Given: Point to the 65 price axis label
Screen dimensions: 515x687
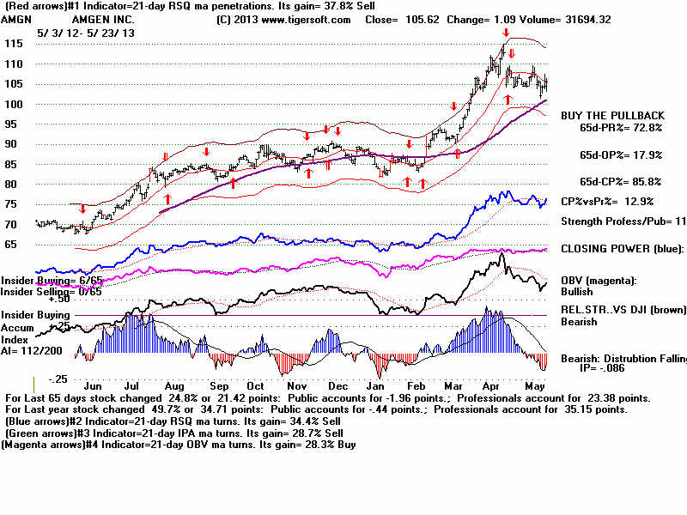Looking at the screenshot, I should coord(13,245).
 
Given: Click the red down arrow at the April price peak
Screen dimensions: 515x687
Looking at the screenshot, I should coord(506,33).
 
